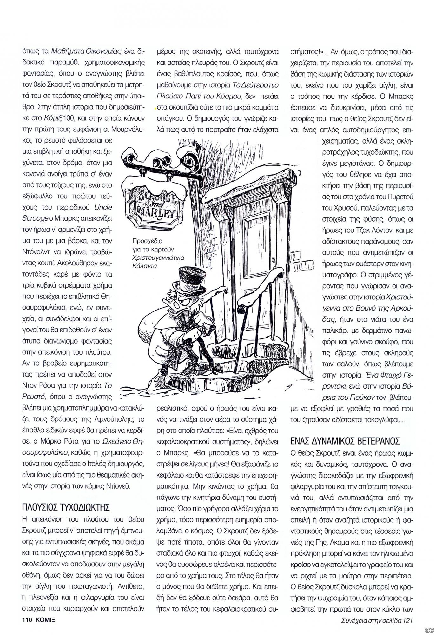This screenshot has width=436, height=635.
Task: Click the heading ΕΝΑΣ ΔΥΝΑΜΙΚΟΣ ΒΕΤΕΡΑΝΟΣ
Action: (345, 441)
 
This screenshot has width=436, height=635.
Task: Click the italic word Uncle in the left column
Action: (103, 207)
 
